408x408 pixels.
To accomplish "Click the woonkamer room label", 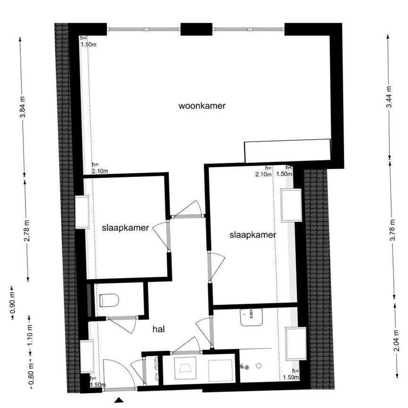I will click(x=202, y=106).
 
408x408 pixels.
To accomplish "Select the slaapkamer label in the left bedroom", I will click(x=126, y=228).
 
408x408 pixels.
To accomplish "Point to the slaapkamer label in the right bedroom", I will click(x=253, y=235).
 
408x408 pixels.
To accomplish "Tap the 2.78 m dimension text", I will click(x=26, y=231).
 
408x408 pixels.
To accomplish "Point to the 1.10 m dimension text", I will click(x=30, y=334).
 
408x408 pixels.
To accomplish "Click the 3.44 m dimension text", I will click(x=388, y=97).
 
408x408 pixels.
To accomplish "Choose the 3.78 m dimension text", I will click(x=392, y=230).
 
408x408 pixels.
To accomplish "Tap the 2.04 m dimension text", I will click(x=396, y=340).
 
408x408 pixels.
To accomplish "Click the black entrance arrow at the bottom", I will click(x=119, y=400).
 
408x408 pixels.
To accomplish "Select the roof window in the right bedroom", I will click(x=290, y=205).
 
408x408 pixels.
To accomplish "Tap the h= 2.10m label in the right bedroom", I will click(x=263, y=171).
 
